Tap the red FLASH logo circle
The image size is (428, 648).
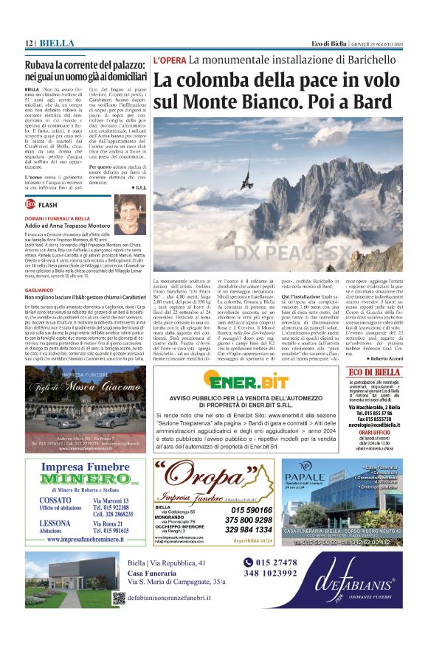coord(30,203)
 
